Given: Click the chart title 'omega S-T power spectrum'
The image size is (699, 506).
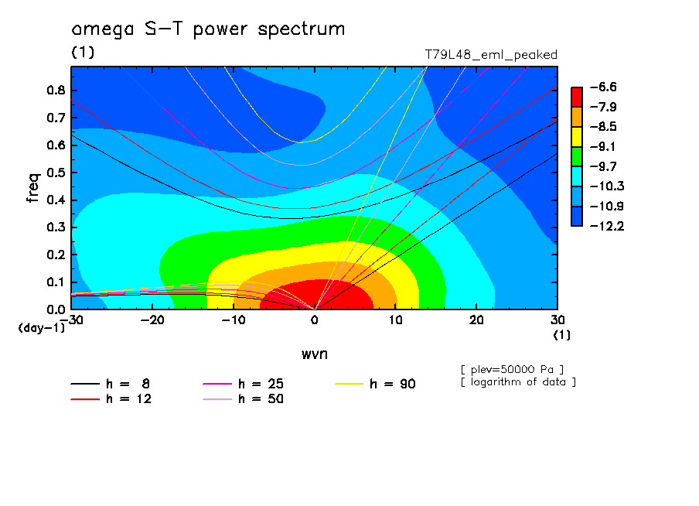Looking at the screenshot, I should (x=208, y=30).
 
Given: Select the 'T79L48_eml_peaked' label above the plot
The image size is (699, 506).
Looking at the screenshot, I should (x=491, y=55).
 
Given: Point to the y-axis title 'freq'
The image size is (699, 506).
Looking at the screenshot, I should (x=33, y=188).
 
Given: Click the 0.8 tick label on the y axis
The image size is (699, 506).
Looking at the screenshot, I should (x=56, y=90).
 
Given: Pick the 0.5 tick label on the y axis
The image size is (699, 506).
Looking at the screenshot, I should (x=56, y=173).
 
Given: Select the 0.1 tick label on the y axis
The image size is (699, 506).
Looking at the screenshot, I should (x=56, y=282).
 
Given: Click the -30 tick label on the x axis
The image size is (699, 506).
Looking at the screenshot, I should (x=71, y=320).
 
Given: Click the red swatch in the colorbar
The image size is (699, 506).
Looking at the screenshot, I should (x=577, y=97).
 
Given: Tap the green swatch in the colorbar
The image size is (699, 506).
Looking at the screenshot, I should (x=577, y=156).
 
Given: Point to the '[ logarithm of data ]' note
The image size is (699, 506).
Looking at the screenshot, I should (x=517, y=381).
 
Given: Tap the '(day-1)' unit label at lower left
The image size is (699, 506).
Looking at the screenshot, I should (x=42, y=328).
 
